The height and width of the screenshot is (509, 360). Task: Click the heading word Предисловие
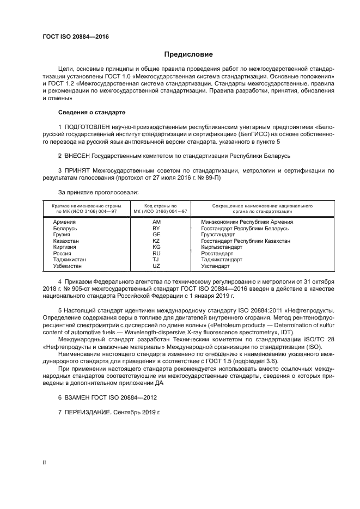(x=188, y=54)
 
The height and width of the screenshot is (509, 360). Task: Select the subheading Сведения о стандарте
(x=91, y=112)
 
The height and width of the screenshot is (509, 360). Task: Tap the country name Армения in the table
(x=64, y=222)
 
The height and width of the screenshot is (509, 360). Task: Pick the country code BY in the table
(x=156, y=228)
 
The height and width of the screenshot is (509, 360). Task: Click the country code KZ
(x=156, y=241)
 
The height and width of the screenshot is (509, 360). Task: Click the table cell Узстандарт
(x=216, y=266)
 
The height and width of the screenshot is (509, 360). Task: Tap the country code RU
(x=156, y=253)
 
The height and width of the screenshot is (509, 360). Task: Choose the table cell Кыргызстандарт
(x=222, y=247)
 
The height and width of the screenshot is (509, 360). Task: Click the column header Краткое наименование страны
(x=86, y=206)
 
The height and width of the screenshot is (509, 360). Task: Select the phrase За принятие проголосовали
(x=98, y=192)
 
